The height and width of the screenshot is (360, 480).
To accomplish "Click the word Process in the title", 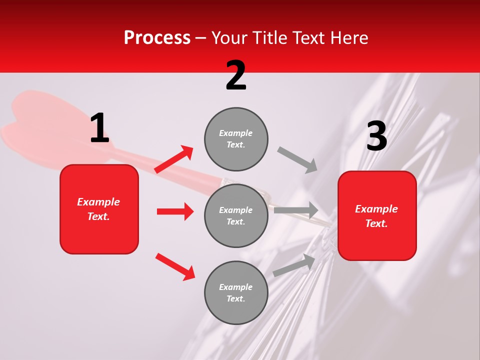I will pos(157,37).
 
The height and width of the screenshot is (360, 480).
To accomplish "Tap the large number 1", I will pos(99,128).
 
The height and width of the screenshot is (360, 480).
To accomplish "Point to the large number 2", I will pos(236,75).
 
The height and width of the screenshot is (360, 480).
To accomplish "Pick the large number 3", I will pos(376,136).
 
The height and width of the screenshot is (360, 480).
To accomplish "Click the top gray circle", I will pos(236,139).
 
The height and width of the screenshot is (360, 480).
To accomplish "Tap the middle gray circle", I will pos(236,215).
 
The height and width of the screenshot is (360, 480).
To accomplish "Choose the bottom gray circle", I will pos(236,292).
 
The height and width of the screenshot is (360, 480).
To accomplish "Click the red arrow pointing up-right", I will pos(174,159).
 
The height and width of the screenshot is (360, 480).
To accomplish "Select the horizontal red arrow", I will pos(175,211).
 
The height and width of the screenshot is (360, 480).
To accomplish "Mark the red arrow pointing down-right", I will pos(175,266).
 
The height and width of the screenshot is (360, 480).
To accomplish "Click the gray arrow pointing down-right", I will pos(297,160).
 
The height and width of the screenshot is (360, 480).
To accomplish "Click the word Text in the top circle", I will pos(235,145).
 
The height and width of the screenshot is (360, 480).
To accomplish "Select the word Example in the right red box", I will pos(376,209).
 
